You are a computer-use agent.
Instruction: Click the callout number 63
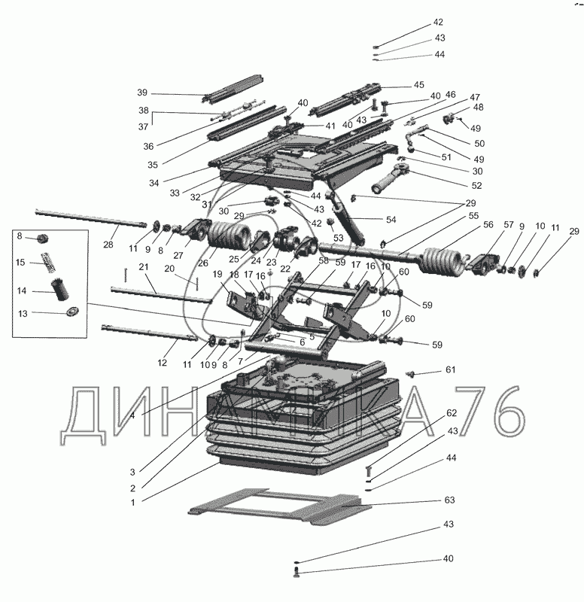pos(450,499)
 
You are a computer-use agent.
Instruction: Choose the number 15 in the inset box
pos(22,262)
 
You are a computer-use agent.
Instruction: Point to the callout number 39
pos(141,93)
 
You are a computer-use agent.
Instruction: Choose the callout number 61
pos(450,369)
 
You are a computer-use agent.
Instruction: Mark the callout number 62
pos(452,412)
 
